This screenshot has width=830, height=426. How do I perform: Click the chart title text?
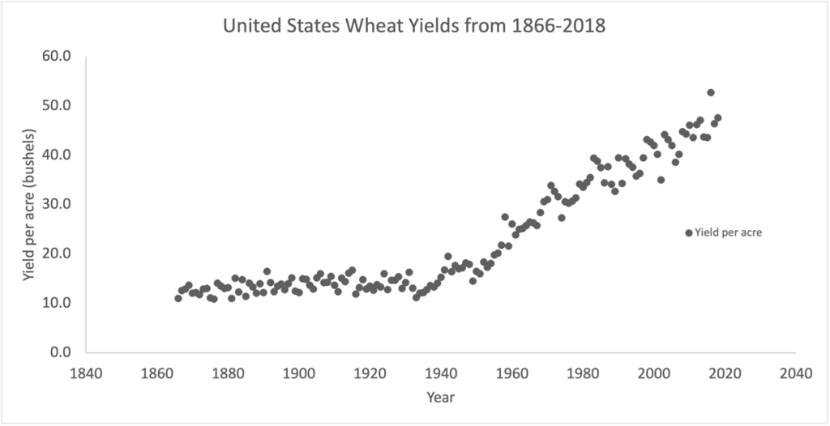coord(414,26)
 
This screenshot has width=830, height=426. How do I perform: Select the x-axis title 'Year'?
coord(441,397)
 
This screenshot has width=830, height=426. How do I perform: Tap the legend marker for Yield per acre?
coord(689,232)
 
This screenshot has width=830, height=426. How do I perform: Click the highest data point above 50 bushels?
coord(711,92)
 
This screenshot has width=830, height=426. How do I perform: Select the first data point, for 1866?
coord(178,298)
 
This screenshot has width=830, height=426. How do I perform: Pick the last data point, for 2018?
coord(717,118)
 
